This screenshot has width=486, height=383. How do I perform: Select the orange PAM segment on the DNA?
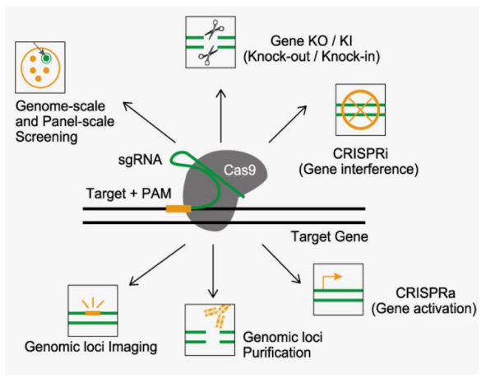[x=177, y=209]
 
